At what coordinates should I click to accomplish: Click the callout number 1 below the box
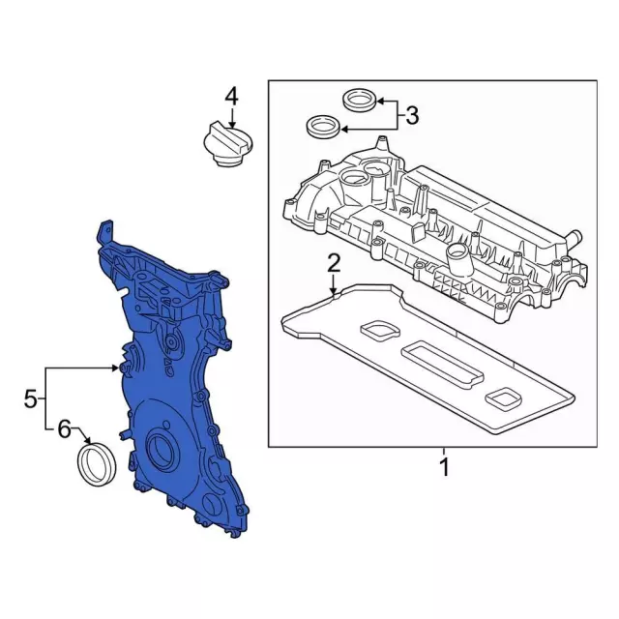point(444,468)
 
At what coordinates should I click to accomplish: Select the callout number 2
point(333,262)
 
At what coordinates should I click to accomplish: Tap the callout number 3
point(411,116)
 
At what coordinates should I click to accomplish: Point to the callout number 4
point(231,96)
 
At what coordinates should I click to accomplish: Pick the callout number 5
point(31,398)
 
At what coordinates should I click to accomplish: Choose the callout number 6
point(64,428)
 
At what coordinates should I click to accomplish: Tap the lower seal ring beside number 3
point(322,126)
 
